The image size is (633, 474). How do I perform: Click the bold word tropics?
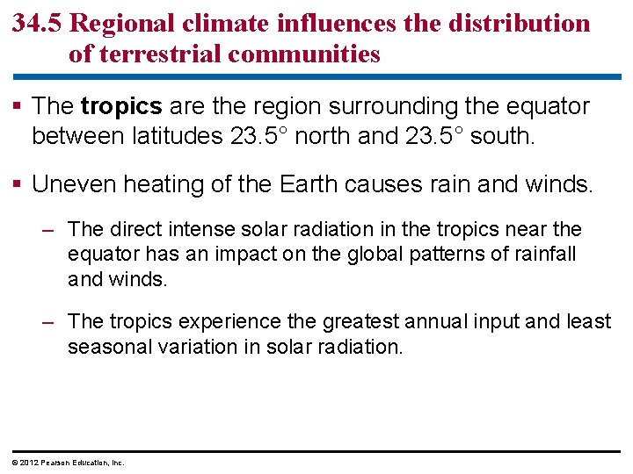121,107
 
